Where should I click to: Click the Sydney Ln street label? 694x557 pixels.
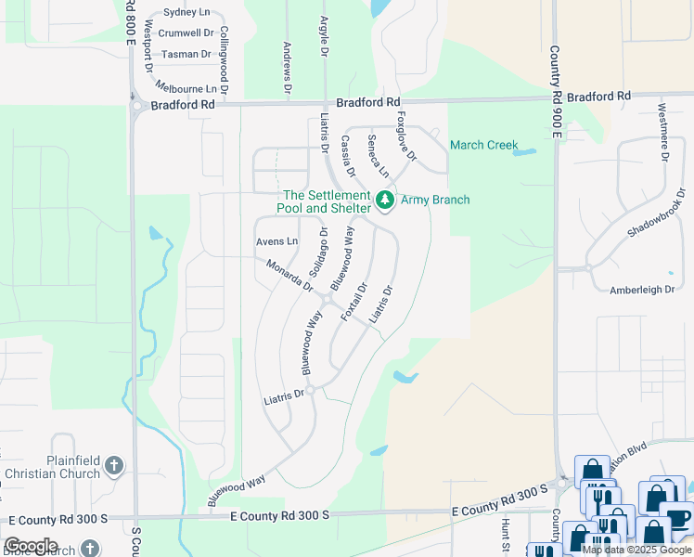coord(186,12)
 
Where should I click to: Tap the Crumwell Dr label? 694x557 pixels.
coord(186,32)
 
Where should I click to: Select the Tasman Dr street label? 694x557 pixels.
coord(186,54)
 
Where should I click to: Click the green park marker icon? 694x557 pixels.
coord(384,200)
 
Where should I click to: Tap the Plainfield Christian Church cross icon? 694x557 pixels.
coord(113,466)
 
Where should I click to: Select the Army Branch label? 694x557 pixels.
coord(435,200)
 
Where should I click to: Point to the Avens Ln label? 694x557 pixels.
coord(276,241)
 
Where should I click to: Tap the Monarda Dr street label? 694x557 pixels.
coord(289,275)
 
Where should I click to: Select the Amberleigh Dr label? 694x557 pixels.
coord(642,290)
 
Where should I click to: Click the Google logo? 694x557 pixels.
coord(31,546)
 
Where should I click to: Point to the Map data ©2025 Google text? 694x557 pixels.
coord(636,550)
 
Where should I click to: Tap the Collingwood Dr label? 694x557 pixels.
coord(223,54)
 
